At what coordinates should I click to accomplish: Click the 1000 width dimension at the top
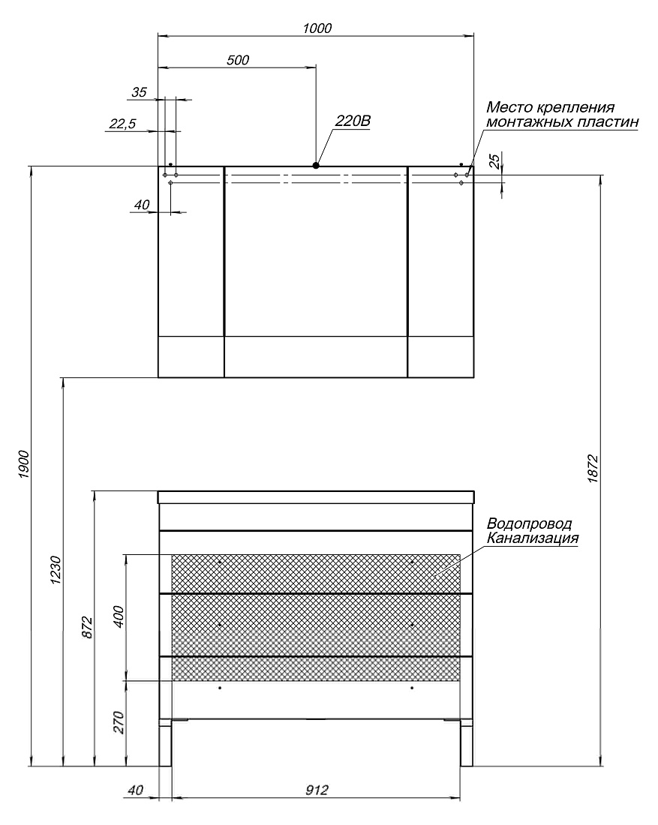coord(317,28)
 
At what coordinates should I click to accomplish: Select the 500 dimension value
coord(238,60)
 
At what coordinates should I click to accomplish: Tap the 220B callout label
coord(353,121)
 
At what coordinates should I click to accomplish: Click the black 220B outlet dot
coord(316,165)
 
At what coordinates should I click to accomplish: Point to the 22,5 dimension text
coord(122,124)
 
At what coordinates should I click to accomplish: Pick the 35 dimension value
coord(139,92)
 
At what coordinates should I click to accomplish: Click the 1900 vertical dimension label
coord(24,464)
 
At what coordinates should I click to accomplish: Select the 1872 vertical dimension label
coord(593,469)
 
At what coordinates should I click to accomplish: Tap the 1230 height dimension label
coord(56,570)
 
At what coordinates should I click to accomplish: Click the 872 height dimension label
coord(87,627)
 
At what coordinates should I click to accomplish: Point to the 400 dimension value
coord(119,616)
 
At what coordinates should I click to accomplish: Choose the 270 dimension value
coord(119,722)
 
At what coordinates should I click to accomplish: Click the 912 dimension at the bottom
coord(317,790)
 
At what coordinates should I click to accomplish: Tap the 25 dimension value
coord(495,161)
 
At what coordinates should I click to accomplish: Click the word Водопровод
coord(529,524)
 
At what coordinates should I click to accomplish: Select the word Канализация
coord(532,538)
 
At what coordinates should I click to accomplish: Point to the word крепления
coord(575,108)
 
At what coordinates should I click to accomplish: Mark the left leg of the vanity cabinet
coord(166,743)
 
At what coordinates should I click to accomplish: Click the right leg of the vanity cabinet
coord(467,743)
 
